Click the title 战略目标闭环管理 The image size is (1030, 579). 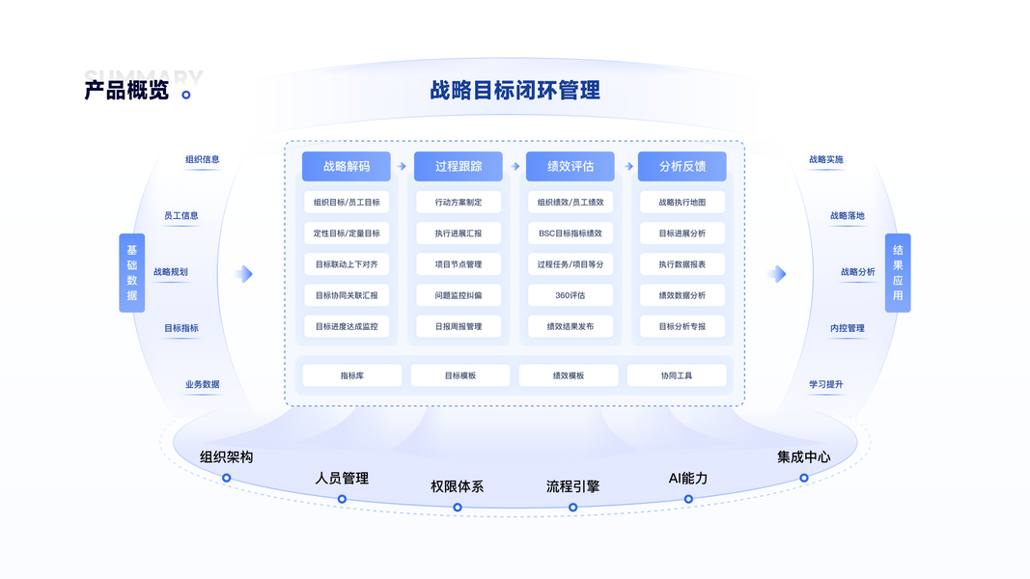tap(515, 90)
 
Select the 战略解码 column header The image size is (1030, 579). tap(347, 166)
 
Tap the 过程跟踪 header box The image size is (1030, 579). tap(459, 166)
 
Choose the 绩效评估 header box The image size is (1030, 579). tap(571, 166)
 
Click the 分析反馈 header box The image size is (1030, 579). tap(682, 166)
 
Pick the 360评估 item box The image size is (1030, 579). tap(571, 295)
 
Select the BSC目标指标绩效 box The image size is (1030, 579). tap(571, 234)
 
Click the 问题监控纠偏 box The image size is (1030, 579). tap(459, 295)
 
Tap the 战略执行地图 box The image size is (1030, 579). tap(682, 203)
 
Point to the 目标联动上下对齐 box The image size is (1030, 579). tap(347, 264)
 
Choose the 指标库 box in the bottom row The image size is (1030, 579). tap(352, 375)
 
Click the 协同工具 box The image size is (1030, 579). tap(677, 375)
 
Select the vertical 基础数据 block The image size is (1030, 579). tap(132, 273)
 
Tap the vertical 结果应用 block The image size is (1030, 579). tap(898, 273)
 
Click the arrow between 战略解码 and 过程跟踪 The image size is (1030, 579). tap(403, 166)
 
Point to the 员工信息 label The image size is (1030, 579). tap(181, 216)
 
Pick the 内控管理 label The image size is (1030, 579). tap(848, 328)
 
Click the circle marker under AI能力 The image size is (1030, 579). tap(688, 499)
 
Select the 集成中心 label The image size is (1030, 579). tap(803, 456)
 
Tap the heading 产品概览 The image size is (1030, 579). tap(126, 91)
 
